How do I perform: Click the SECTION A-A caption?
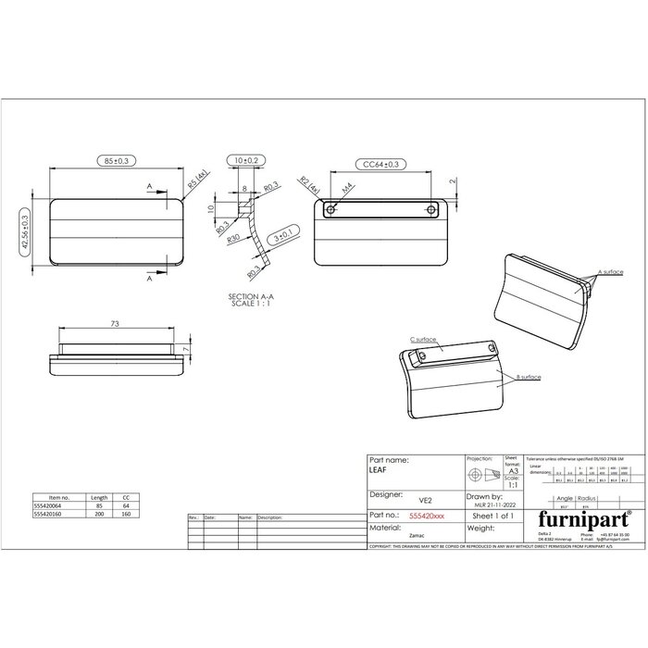click(251, 296)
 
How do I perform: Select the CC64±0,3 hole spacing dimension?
click(380, 165)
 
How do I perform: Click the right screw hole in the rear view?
click(432, 210)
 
